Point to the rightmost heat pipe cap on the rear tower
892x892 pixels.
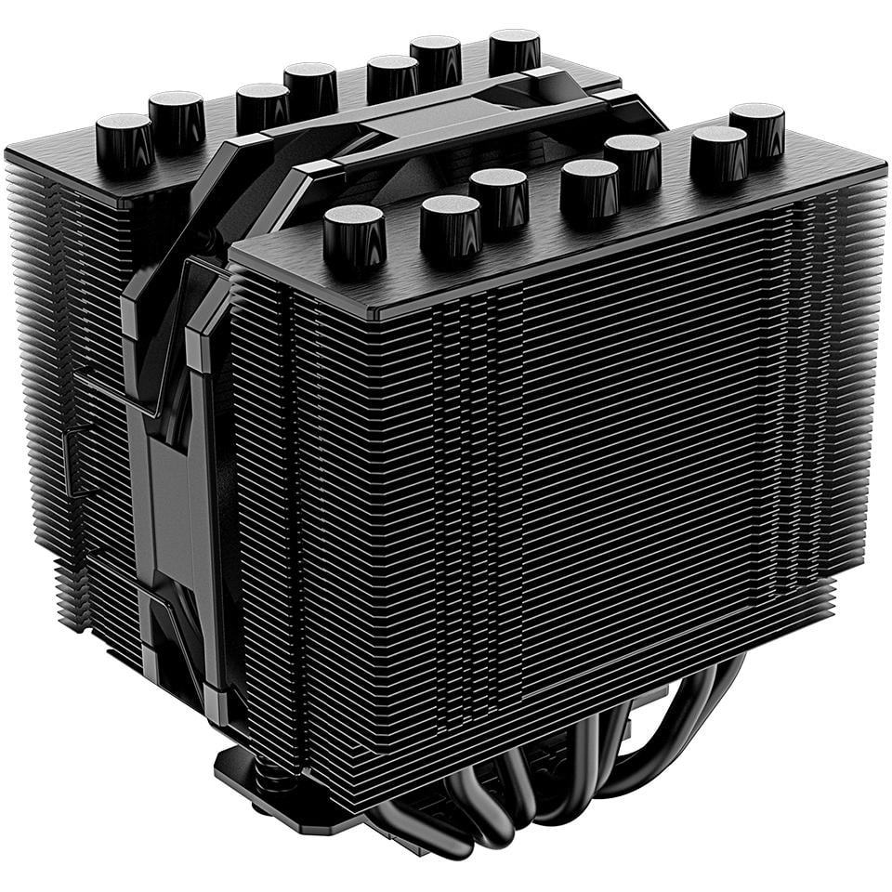point(515,47)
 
